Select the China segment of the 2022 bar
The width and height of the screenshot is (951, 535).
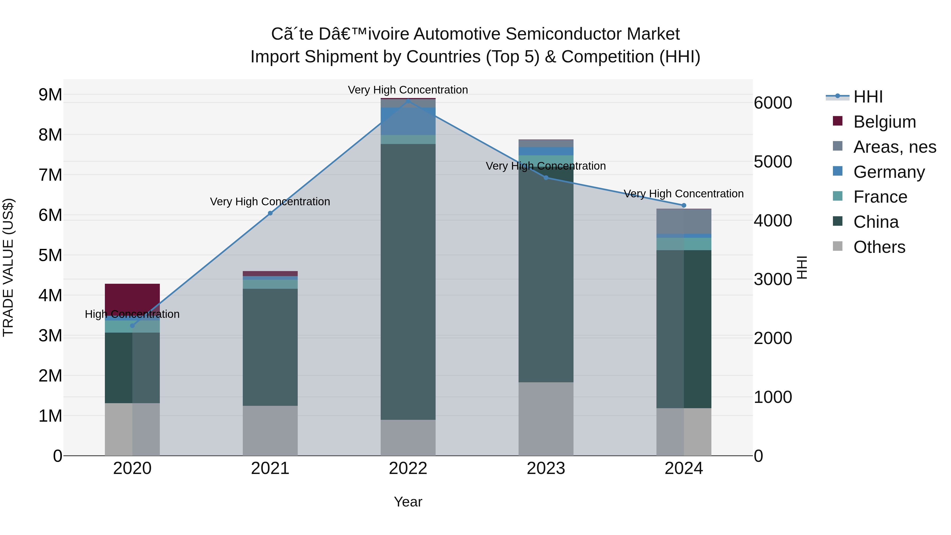408,281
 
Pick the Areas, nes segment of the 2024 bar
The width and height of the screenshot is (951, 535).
684,221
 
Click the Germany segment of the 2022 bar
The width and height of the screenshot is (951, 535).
408,121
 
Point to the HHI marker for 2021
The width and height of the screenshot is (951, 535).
270,213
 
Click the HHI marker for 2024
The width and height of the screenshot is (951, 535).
684,205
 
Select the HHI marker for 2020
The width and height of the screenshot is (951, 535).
132,326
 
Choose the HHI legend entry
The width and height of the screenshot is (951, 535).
868,97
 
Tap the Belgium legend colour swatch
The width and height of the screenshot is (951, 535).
838,121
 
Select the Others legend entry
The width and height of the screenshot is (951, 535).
879,247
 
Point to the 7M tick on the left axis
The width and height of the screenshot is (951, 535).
50,175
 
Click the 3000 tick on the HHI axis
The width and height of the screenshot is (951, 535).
773,279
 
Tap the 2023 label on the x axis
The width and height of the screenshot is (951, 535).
546,468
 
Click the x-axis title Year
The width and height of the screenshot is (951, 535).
408,502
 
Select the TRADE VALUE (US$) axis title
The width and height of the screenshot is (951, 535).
8,267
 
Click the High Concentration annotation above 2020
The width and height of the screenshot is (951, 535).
132,314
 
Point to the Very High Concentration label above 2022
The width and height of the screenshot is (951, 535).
408,90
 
